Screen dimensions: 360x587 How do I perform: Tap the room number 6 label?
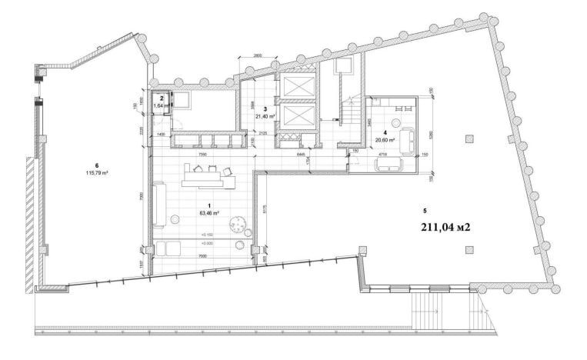tap(97, 165)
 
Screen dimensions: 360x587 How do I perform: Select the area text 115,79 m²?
tap(97, 173)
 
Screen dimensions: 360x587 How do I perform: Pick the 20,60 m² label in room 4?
tap(385, 140)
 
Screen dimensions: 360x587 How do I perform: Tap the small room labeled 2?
tap(162, 99)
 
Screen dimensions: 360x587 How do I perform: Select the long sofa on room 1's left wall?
tap(159, 204)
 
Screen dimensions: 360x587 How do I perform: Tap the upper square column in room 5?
tap(469, 137)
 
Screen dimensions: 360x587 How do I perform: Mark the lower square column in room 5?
tap(469, 248)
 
